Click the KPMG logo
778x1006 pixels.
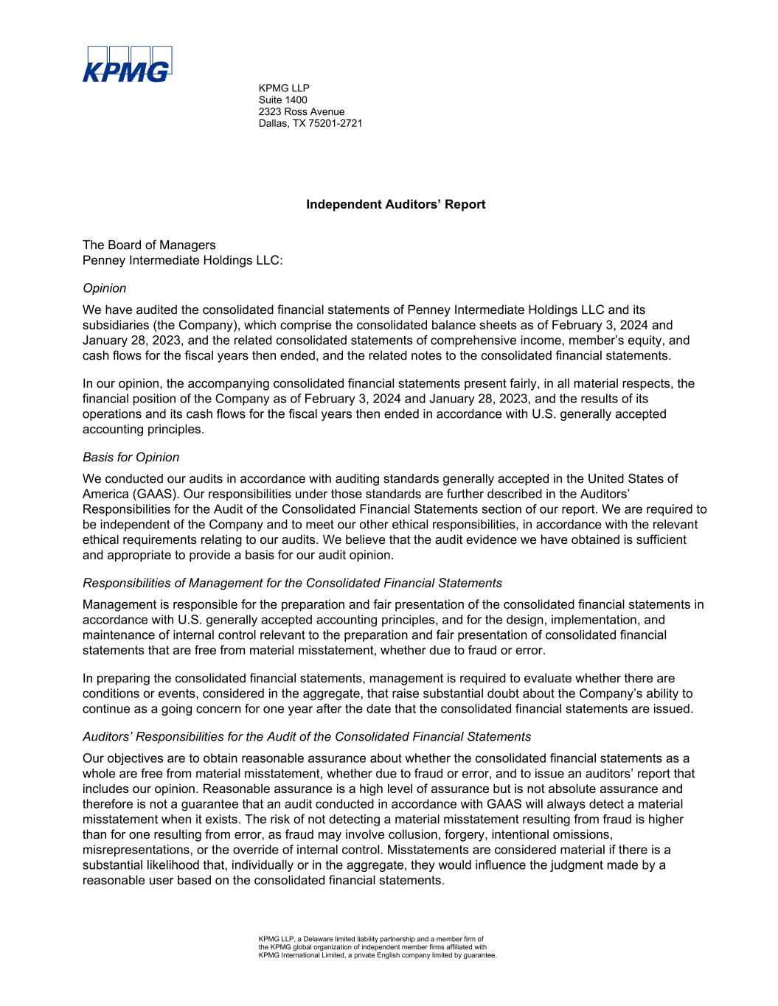pos(127,63)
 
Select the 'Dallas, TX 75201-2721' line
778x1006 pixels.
pos(310,123)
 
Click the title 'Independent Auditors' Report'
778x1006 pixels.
pos(395,204)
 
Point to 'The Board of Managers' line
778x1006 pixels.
pos(150,245)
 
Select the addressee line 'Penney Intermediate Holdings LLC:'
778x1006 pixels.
pos(183,259)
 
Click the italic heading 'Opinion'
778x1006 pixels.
pos(105,288)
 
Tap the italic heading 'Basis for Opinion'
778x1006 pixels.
pos(131,457)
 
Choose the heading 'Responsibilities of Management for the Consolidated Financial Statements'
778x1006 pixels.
pos(293,583)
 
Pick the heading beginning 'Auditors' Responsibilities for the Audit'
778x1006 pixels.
pos(307,736)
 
